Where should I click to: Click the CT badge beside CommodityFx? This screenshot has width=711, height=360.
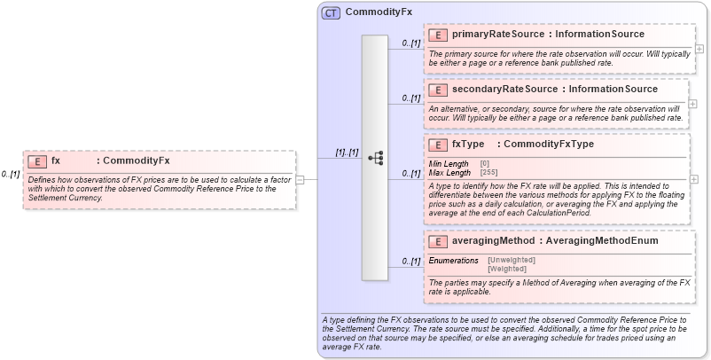point(331,12)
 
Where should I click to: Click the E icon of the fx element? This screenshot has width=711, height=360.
point(36,161)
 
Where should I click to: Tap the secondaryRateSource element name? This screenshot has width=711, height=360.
point(503,89)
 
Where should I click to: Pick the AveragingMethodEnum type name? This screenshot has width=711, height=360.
point(602,240)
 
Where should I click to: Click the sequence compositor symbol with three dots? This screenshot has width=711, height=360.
point(375,158)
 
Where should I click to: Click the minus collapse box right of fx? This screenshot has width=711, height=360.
point(300,179)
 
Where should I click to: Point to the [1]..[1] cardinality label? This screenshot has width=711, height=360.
point(347,153)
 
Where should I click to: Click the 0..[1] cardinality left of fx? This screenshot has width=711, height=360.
point(11,174)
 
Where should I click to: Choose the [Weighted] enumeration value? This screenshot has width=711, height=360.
point(507,268)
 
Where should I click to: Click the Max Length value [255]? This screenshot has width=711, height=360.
point(488,172)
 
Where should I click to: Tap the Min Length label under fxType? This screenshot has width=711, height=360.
point(449,164)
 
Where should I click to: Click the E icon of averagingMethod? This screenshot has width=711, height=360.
point(437,241)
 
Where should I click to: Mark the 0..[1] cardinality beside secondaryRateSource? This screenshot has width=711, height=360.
point(410,98)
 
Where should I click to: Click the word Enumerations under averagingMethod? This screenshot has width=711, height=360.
point(454,260)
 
